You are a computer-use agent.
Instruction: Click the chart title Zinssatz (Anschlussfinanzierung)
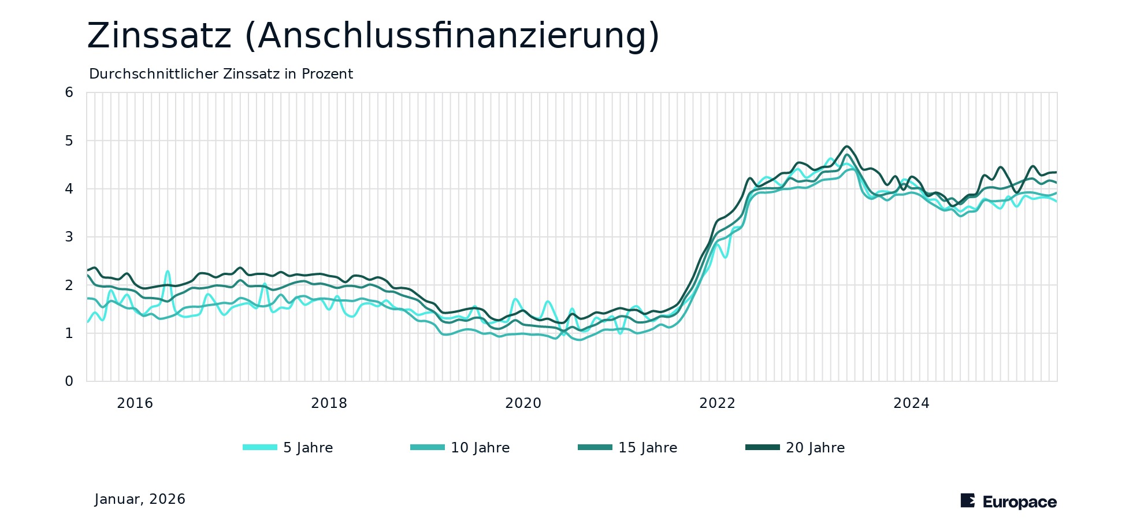[373, 36]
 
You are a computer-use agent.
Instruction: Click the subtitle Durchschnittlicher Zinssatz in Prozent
[221, 75]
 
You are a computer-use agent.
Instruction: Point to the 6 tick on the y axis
[69, 92]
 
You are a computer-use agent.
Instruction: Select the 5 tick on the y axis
[69, 141]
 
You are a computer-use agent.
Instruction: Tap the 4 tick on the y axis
[69, 189]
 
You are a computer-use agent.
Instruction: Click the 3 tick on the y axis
[69, 237]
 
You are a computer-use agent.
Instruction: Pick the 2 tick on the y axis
[69, 285]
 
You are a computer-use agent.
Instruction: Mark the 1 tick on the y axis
[69, 333]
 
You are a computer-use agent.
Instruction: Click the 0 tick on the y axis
[69, 381]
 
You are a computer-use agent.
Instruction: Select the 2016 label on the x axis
[135, 403]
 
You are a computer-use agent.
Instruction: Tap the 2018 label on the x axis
[329, 403]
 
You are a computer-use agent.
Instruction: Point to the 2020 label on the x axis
[523, 403]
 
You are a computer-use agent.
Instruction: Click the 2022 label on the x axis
[718, 403]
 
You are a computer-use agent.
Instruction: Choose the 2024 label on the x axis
[912, 403]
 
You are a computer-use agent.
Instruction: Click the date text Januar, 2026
[140, 499]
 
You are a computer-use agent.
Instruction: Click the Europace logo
[1008, 502]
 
